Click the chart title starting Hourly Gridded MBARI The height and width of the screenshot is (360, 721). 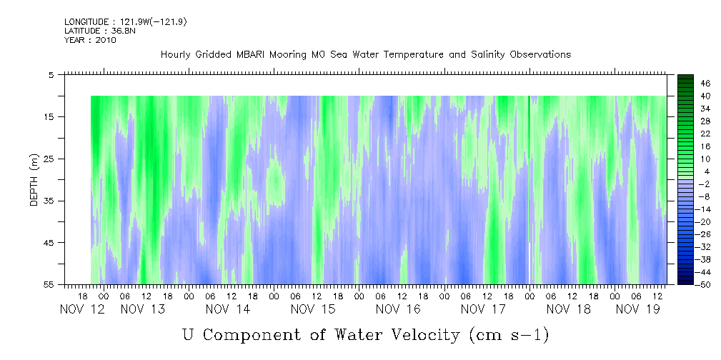(x=365, y=55)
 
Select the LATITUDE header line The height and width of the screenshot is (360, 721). (x=89, y=31)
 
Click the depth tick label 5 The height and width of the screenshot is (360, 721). (x=51, y=75)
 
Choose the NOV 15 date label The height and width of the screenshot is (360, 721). (x=313, y=309)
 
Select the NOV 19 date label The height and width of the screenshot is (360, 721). (x=637, y=309)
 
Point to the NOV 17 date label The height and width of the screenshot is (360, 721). (x=482, y=309)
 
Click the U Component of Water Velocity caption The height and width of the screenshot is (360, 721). (x=365, y=334)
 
